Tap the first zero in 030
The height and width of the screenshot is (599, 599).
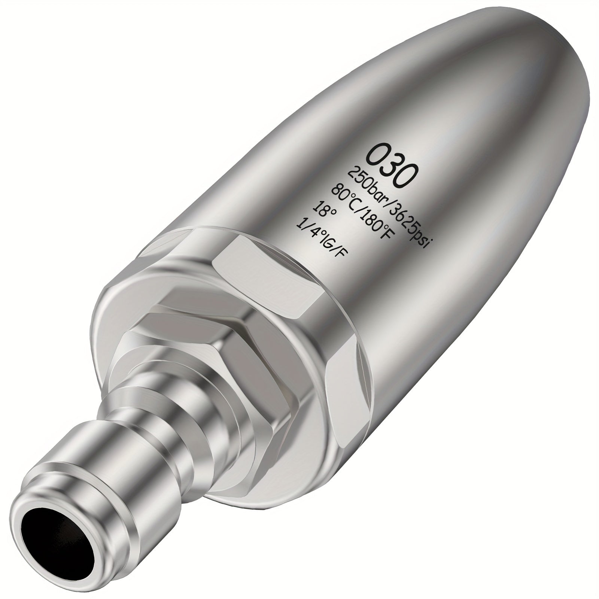(x=376, y=154)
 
